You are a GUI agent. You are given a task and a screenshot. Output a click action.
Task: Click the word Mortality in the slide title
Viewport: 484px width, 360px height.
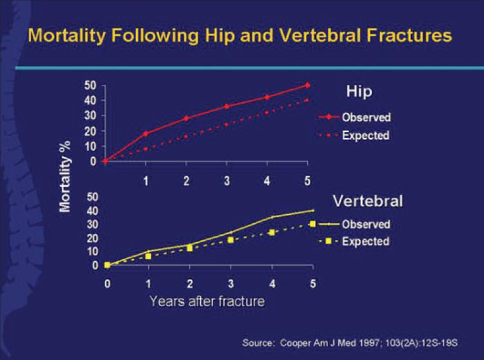point(68,35)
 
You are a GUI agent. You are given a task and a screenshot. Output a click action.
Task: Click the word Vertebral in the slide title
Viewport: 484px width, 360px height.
point(314,35)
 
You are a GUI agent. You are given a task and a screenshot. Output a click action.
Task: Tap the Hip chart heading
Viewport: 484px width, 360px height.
point(359,91)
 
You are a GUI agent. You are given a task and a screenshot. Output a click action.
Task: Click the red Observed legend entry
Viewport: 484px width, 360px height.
point(366,117)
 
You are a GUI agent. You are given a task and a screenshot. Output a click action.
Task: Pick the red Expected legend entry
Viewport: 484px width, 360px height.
point(366,135)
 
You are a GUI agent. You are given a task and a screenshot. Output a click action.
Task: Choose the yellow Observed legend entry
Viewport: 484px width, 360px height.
point(366,224)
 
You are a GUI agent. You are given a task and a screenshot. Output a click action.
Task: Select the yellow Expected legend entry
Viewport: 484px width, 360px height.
point(366,241)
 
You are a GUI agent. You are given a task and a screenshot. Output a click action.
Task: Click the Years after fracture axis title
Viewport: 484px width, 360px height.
point(207,300)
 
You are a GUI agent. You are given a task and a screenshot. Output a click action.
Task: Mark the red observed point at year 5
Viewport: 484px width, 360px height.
point(307,85)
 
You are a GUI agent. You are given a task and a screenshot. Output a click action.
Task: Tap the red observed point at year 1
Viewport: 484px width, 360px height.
point(146,134)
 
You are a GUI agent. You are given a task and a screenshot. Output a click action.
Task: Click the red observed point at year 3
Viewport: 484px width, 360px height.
point(227,106)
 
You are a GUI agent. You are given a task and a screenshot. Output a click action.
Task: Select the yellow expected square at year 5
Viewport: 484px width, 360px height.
point(312,224)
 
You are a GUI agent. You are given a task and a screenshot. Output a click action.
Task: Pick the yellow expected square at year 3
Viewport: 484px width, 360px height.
point(231,240)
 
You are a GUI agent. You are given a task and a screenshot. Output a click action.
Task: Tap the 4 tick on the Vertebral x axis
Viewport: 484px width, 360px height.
point(271,282)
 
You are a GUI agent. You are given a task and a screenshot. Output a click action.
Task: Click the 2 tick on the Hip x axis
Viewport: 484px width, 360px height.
point(186,181)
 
